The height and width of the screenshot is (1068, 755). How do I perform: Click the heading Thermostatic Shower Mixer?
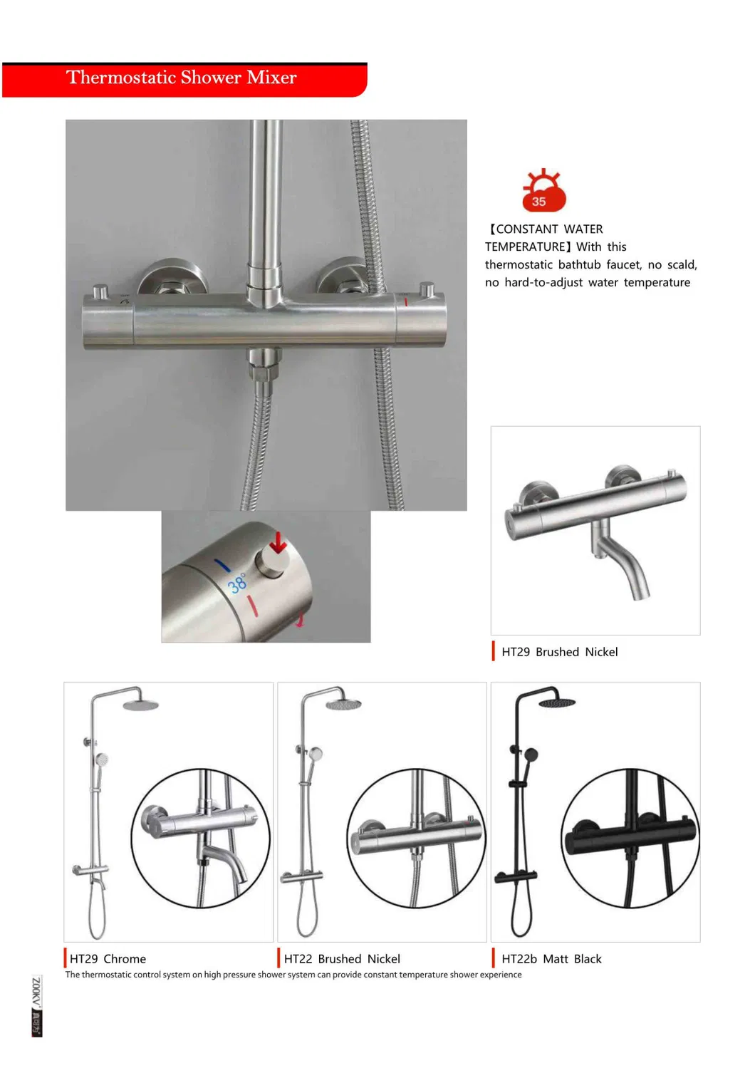(x=181, y=78)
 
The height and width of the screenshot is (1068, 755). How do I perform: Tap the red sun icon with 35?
(x=543, y=192)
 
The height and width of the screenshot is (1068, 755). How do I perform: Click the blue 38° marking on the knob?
(x=237, y=583)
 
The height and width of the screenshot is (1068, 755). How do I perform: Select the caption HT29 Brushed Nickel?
(x=559, y=652)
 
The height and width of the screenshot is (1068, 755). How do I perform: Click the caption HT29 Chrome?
(x=108, y=959)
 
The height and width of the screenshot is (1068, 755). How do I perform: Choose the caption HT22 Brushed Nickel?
(x=342, y=959)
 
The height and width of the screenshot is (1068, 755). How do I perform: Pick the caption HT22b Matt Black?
(x=551, y=959)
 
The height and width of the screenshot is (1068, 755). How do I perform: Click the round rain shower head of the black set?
(x=556, y=703)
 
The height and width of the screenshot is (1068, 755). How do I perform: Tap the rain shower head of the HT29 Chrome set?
(x=140, y=705)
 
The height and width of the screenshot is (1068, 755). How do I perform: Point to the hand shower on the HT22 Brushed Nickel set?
(x=315, y=754)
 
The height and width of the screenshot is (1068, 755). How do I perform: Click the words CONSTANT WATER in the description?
(x=549, y=229)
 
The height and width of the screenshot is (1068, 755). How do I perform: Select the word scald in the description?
(x=680, y=265)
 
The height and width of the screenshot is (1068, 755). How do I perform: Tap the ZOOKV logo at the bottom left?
(x=37, y=1005)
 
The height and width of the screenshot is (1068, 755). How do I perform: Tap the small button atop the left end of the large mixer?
(x=101, y=291)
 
